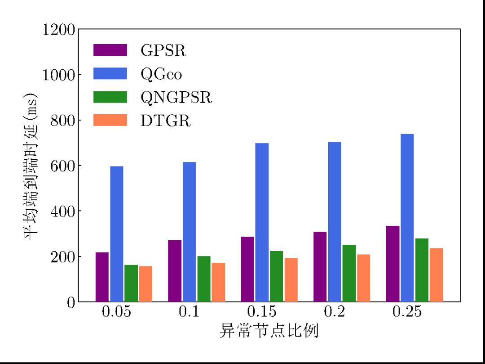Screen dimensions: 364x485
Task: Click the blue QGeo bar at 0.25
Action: coord(407,218)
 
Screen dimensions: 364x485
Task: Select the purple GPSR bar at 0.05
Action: coord(102,277)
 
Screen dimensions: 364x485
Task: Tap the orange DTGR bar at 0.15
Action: coord(291,280)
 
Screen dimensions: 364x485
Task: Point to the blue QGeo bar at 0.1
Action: coord(189,232)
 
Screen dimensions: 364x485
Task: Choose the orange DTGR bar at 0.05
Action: coord(145,283)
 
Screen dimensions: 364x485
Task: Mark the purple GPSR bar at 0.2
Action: coord(320,266)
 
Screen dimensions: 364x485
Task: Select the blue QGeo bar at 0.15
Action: coord(262,222)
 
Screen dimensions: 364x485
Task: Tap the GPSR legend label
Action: coord(163,50)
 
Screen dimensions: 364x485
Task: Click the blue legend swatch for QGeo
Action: coord(110,73)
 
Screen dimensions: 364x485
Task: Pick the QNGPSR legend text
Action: coord(176,97)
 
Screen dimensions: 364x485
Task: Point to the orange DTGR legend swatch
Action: coord(110,120)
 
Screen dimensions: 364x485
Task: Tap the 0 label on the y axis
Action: coord(71,302)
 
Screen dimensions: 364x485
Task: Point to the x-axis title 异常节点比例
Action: coord(269,331)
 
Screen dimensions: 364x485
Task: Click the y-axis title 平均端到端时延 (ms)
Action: coord(30,166)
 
